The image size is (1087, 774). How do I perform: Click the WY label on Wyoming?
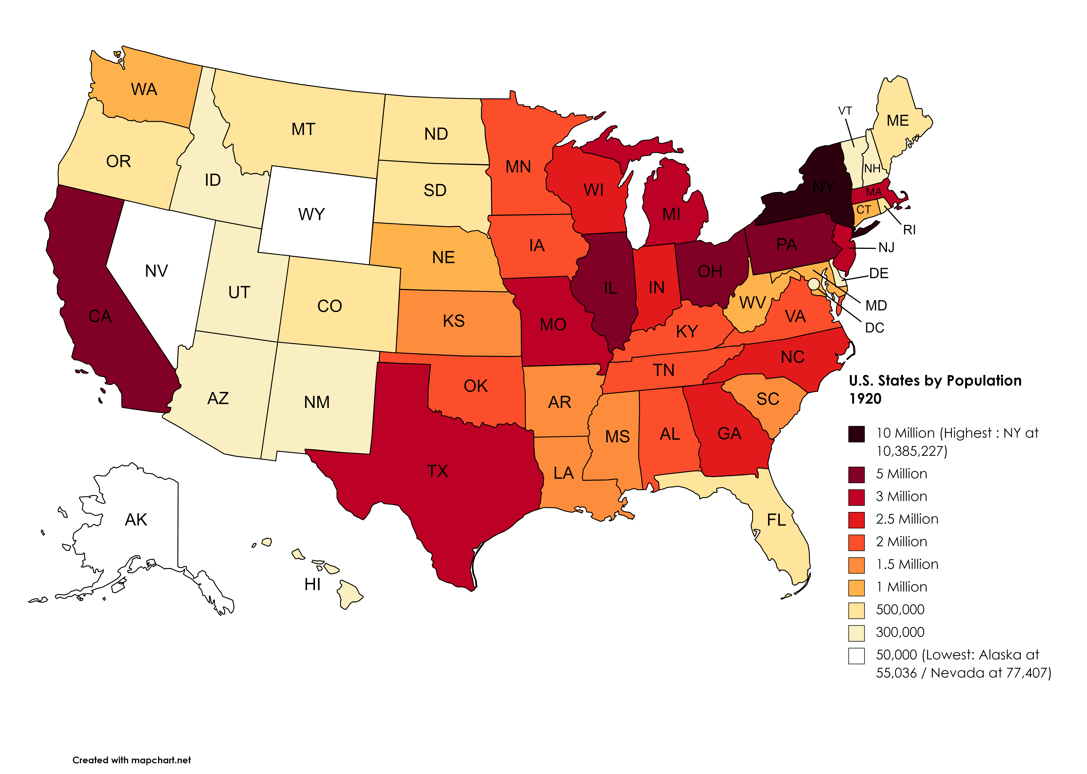coord(312,214)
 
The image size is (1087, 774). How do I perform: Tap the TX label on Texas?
coord(437,471)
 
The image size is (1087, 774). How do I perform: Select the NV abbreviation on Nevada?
coord(156,271)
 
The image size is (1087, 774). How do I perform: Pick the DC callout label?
coord(875,328)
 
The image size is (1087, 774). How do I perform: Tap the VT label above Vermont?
coord(845,111)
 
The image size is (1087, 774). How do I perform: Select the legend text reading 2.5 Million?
coord(907,519)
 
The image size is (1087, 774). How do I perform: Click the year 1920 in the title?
coord(865,399)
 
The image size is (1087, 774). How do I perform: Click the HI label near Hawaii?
coord(312,584)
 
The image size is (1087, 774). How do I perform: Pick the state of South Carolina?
coord(767,400)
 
